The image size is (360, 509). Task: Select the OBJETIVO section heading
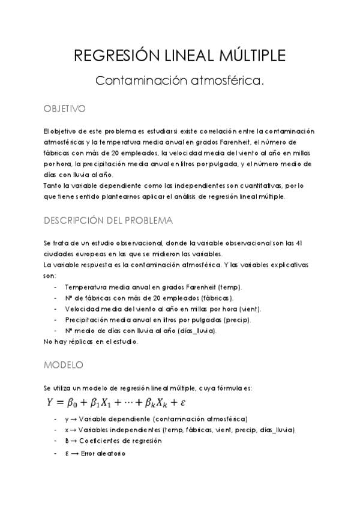click(x=65, y=109)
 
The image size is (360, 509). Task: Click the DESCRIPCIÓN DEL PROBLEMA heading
click(x=108, y=220)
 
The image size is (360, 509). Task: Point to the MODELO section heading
click(x=64, y=364)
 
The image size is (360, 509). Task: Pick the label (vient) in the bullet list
click(x=247, y=309)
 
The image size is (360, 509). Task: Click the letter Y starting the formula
click(x=50, y=402)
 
